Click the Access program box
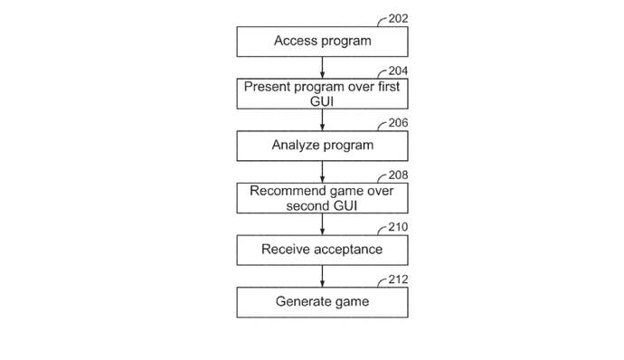(322, 41)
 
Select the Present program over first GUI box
(322, 93)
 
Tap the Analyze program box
(322, 145)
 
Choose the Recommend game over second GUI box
(322, 197)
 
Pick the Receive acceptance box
(322, 249)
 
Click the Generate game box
(322, 301)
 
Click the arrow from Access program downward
(322, 67)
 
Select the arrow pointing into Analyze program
(322, 119)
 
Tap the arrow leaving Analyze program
(322, 171)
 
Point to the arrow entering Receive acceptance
(322, 223)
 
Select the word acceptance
(348, 249)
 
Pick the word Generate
(305, 301)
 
